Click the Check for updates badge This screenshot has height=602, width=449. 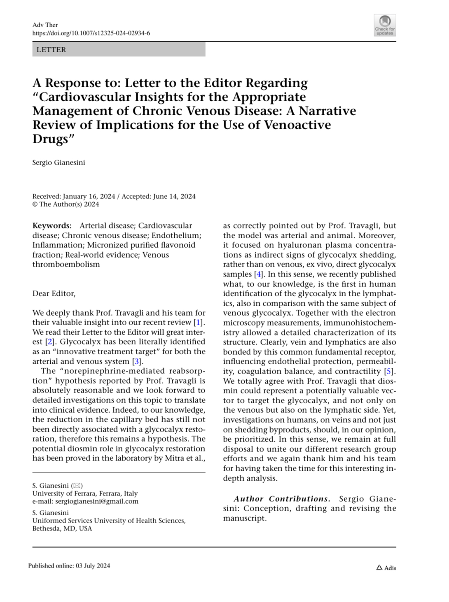385,25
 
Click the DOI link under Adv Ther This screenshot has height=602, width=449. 91,33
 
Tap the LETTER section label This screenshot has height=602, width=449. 51,50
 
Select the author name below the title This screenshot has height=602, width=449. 58,163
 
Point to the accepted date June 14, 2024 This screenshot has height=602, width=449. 174,196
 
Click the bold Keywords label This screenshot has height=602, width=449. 52,225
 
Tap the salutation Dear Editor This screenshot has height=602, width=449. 54,293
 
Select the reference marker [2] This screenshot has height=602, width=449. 49,342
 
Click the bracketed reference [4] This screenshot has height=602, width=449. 258,274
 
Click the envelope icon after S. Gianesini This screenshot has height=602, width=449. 77,486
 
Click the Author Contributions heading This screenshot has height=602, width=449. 282,499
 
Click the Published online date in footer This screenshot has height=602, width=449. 69,566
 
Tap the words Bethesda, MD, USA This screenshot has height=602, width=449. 62,528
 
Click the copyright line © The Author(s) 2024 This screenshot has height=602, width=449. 65,204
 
